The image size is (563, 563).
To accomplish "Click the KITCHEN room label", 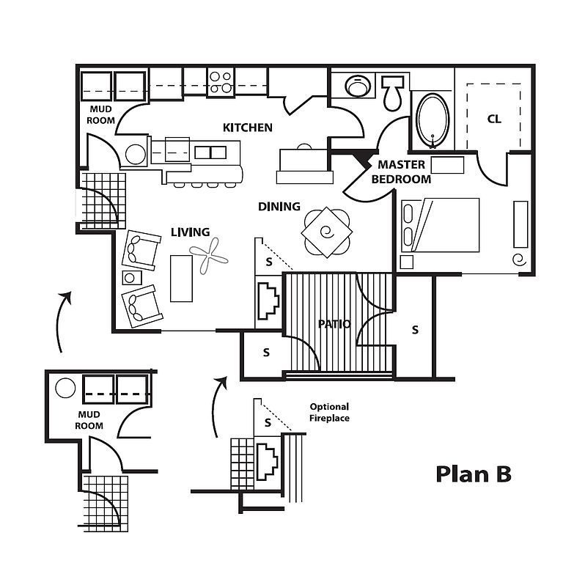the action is [247, 128].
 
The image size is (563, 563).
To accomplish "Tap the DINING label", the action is [279, 207].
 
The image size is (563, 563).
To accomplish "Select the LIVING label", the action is [191, 232].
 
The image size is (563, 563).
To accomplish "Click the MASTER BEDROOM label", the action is [401, 172].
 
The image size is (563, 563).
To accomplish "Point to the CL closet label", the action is [494, 119].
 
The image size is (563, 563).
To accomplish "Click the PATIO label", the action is [334, 324].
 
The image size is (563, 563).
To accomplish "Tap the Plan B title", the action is [474, 474].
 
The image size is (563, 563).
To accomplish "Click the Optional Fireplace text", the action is [329, 412].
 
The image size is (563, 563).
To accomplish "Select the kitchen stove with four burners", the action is [221, 82].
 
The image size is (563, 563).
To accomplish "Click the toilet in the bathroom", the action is [392, 92].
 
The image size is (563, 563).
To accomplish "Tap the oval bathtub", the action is [433, 120].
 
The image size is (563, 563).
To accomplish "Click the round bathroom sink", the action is [358, 86].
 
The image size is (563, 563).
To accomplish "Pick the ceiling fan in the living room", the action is [209, 256].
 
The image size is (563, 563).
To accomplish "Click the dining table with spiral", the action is [327, 232].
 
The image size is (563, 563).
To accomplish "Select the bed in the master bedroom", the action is [440, 225].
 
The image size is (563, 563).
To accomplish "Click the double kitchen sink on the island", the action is [210, 152].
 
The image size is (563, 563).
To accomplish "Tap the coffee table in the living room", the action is [181, 279].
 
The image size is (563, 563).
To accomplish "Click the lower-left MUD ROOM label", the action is [89, 420].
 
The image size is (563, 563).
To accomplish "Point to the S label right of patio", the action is [415, 330].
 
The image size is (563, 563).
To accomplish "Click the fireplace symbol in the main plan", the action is [268, 301].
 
